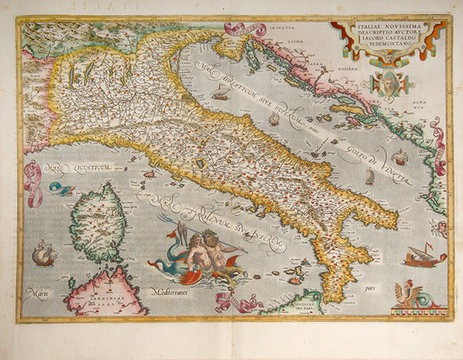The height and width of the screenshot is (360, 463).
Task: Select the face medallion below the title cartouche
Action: coord(387,83)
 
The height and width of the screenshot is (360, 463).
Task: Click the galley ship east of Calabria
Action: coord(425,256)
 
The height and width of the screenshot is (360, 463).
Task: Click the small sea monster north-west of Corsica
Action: coord(59,188)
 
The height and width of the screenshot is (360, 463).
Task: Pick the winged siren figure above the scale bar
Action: coord(408,294)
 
